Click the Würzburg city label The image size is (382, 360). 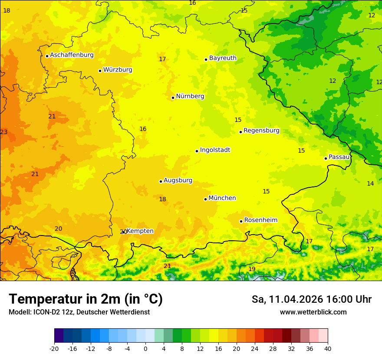118,70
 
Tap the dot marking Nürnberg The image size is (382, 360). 173,98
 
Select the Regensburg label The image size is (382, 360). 261,131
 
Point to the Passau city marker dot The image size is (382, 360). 326,158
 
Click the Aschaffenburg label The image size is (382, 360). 72,55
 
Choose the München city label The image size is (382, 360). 222,198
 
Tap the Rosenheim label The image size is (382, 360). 260,220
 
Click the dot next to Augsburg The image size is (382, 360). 161,181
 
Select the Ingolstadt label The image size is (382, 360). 215,150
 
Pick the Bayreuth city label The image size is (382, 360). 223,58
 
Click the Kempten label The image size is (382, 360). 140,231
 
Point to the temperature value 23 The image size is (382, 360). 4,132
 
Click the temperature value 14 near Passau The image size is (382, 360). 370,184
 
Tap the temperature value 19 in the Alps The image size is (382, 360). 252,269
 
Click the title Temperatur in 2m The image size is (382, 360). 86,299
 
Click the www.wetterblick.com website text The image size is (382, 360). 313,312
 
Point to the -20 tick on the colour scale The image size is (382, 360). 54,348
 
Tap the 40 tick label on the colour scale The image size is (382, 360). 328,348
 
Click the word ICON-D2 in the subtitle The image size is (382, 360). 46,312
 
